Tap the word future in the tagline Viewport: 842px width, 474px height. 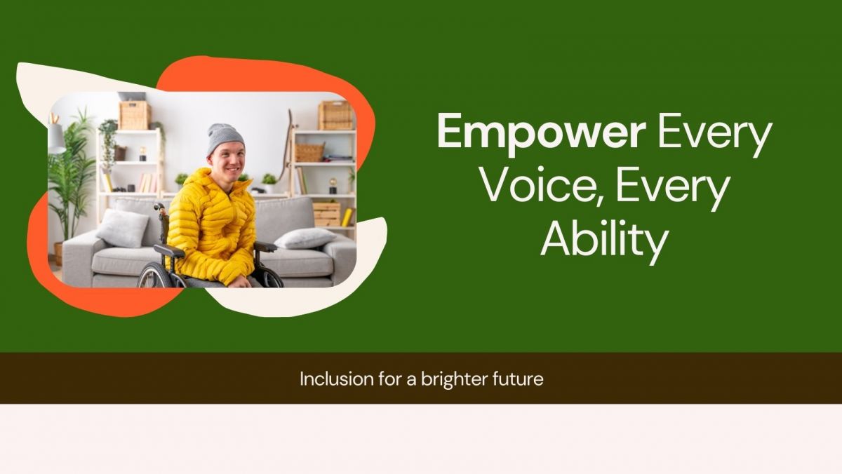pos(518,379)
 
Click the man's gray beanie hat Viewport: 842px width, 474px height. pos(225,138)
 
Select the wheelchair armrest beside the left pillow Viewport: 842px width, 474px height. pos(170,250)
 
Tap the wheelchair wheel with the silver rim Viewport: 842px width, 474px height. pos(154,276)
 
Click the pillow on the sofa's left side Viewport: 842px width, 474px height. pos(122,229)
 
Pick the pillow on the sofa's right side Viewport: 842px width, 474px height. pos(305,238)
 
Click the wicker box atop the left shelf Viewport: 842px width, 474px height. pos(135,115)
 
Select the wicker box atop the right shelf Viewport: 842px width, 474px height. pos(335,115)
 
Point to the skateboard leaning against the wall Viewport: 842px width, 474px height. pos(286,151)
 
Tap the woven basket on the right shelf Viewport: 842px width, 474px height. pos(309,151)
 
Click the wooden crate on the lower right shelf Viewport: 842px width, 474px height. pos(327,215)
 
